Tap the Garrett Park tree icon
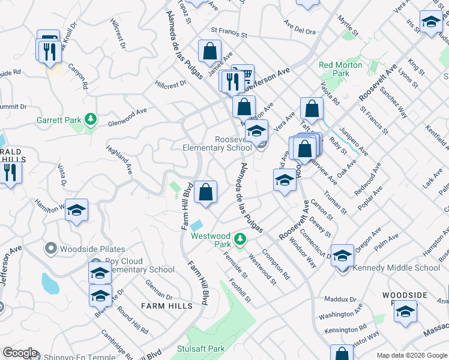(91, 119)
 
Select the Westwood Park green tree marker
(240, 240)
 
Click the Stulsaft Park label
(200, 349)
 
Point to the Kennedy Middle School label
(397, 268)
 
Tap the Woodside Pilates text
(92, 249)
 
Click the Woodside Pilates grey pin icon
(50, 248)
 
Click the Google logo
(20, 353)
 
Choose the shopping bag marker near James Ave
(209, 52)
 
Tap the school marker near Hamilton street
(76, 211)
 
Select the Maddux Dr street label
(340, 299)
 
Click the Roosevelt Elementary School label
(217, 143)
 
